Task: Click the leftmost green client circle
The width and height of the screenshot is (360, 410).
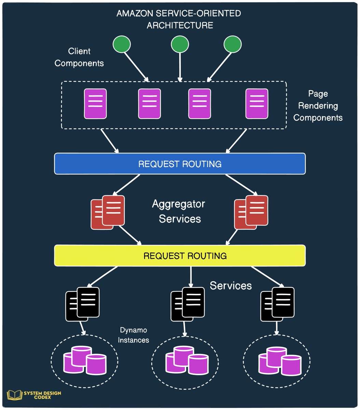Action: (122, 44)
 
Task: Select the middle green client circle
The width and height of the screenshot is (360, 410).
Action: (180, 44)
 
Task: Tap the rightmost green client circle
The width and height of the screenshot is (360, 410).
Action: (233, 44)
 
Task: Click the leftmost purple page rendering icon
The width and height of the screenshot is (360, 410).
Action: (95, 104)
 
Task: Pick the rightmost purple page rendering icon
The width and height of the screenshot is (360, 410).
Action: (257, 104)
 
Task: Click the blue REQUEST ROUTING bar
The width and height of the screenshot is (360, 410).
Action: (180, 164)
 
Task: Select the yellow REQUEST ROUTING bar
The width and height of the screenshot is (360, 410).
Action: (180, 256)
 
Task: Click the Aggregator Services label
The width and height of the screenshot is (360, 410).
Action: (179, 211)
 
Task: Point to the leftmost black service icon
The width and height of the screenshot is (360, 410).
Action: (83, 304)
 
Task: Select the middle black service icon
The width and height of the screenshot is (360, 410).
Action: (188, 304)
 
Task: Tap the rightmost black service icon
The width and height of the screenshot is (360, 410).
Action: (277, 304)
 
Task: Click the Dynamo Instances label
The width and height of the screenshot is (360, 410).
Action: (134, 335)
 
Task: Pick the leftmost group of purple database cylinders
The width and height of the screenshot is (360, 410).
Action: (84, 360)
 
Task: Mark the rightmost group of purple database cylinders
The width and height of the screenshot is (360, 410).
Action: (279, 360)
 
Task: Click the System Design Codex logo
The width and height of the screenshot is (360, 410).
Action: (34, 396)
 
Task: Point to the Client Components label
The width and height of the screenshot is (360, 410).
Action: (79, 57)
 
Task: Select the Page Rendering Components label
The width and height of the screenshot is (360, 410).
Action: (318, 106)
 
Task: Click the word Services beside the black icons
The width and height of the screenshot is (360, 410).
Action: (231, 286)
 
